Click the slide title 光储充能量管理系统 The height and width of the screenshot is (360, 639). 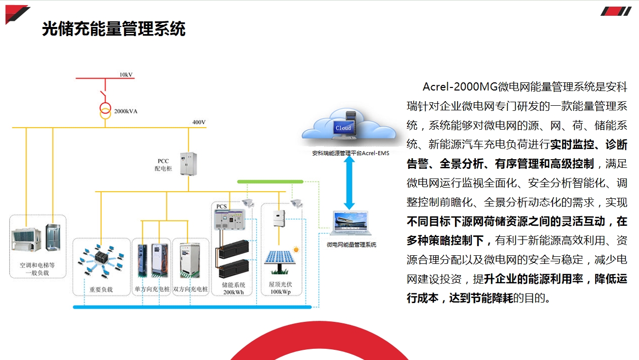coord(113,29)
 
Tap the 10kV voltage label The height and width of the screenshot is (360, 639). coord(126,75)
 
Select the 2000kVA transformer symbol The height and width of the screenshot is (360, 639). coord(105,110)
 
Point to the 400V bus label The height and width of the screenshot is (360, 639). coord(199,122)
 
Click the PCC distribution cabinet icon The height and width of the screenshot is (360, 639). coord(188,164)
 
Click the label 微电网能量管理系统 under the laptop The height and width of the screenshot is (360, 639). coord(351,245)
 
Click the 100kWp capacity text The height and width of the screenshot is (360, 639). coord(280,292)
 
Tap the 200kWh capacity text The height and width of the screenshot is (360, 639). coord(233,292)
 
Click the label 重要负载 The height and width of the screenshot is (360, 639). coord(101,289)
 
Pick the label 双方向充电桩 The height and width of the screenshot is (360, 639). coord(191,289)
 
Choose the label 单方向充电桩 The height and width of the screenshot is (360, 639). coord(151,289)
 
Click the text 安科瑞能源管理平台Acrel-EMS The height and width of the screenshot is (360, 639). coord(350,153)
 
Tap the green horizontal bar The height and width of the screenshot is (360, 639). coord(270,182)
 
